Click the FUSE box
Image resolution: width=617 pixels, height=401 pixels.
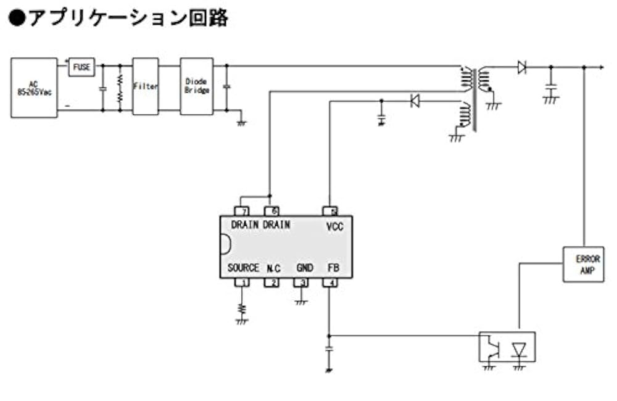[x=82, y=67]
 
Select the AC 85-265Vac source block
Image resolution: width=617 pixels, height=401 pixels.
[x=34, y=88]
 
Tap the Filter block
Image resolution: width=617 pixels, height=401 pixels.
[x=146, y=87]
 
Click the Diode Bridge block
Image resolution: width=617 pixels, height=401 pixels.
[x=197, y=86]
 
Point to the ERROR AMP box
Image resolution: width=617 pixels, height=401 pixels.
[x=583, y=265]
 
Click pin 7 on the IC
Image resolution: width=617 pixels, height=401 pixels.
[x=242, y=211]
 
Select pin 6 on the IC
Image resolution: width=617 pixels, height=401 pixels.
[x=271, y=211]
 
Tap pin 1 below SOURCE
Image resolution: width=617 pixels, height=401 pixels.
[x=242, y=283]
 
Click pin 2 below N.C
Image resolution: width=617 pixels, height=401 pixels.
[x=271, y=283]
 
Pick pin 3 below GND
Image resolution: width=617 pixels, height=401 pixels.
[x=300, y=283]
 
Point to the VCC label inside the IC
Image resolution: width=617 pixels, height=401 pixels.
[x=334, y=226]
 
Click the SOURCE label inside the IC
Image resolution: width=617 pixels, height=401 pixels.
[x=243, y=268]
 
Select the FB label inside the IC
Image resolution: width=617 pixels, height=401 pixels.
[x=333, y=268]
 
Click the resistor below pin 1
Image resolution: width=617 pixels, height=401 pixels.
[x=242, y=307]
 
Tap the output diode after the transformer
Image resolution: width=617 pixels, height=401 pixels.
[x=521, y=67]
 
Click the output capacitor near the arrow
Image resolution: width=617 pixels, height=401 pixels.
[x=552, y=86]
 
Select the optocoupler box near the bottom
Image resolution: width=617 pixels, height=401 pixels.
[x=507, y=347]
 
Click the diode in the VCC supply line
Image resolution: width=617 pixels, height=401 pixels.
[x=415, y=100]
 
